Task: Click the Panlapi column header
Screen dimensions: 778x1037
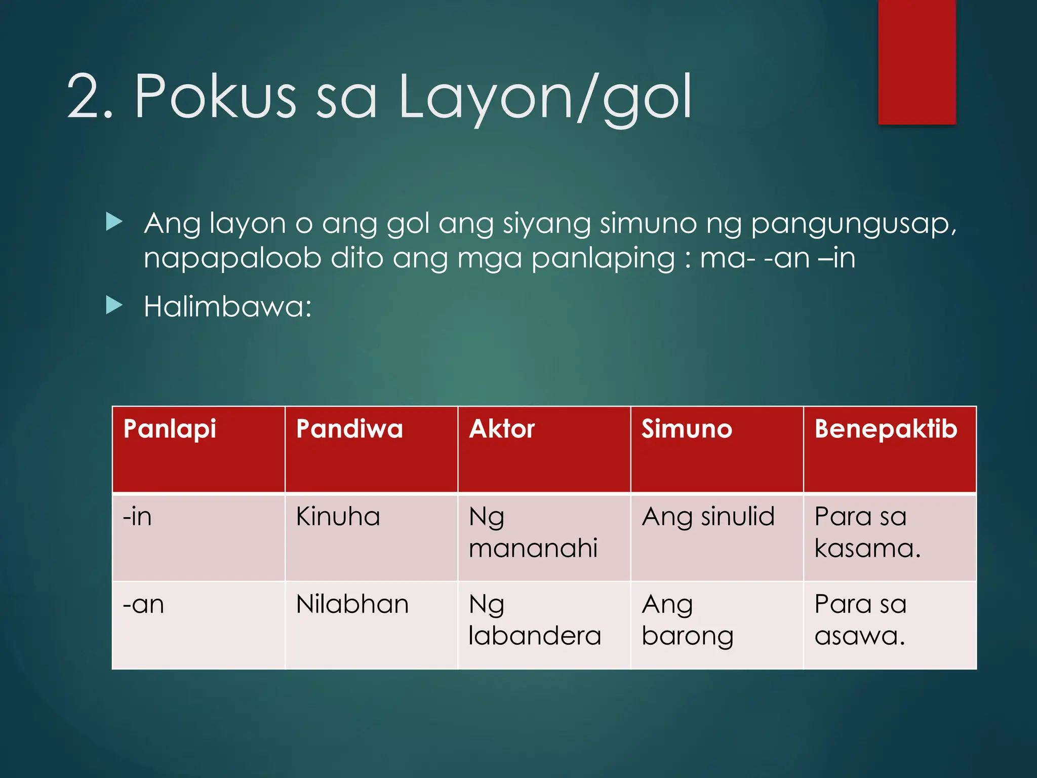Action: (x=170, y=430)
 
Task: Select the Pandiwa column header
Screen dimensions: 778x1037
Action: (x=349, y=430)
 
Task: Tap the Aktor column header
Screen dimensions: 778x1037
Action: (x=502, y=430)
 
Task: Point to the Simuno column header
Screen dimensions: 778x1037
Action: (x=687, y=430)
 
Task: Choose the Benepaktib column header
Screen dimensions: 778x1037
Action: (x=886, y=430)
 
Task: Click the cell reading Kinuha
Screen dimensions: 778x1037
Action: (x=338, y=517)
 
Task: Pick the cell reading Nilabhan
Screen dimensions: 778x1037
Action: (x=352, y=604)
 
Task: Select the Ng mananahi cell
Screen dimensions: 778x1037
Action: (x=533, y=533)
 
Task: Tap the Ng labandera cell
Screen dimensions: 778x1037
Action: (x=534, y=620)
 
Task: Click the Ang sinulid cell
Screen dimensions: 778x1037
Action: (x=708, y=517)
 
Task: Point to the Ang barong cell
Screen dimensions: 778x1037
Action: (x=687, y=620)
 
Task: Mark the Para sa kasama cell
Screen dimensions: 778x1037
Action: (x=867, y=533)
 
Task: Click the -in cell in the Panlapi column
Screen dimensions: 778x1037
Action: (x=137, y=517)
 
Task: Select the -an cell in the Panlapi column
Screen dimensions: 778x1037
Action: (x=143, y=604)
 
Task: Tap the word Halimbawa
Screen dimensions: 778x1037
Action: (x=227, y=307)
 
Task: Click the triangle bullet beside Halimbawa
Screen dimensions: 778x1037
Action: (x=114, y=305)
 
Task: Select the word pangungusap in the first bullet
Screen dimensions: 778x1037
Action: (x=853, y=223)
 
